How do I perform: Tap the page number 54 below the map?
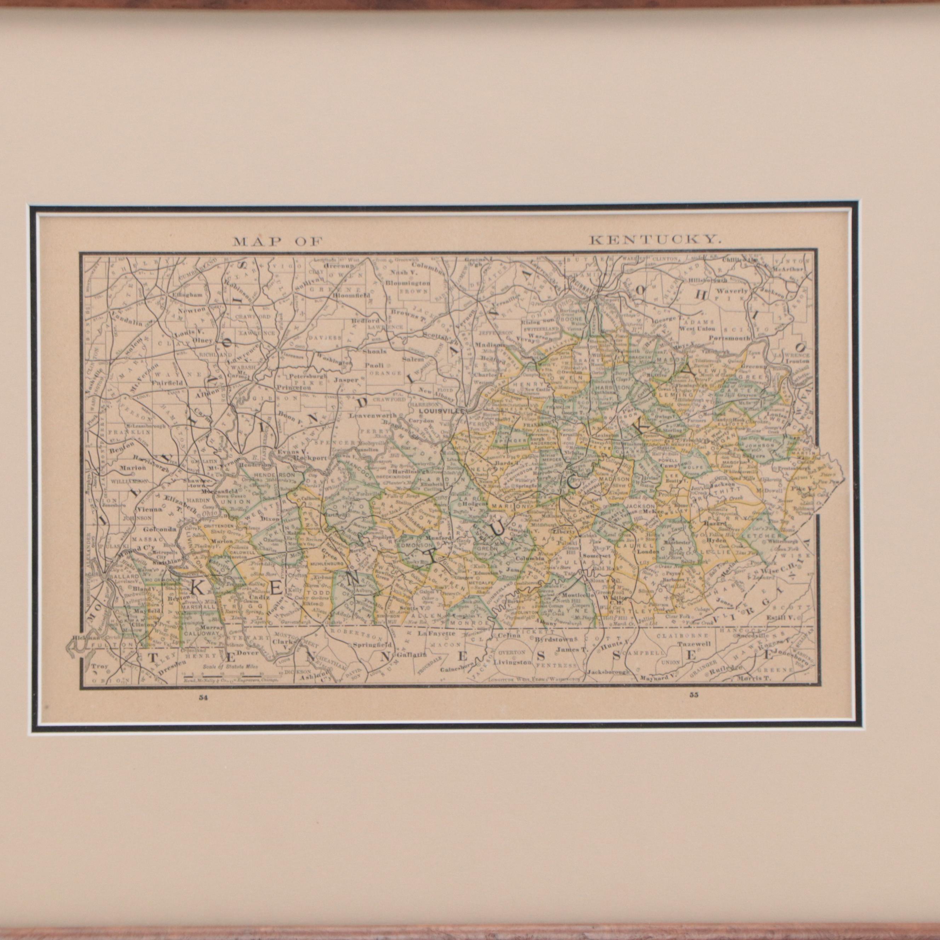coord(203,698)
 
